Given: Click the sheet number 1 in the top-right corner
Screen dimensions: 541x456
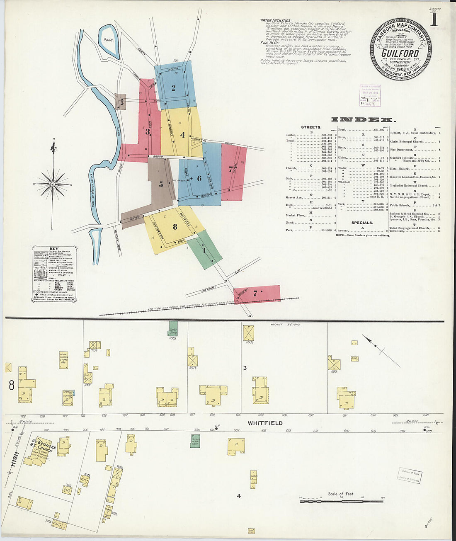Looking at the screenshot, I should [x=434, y=19].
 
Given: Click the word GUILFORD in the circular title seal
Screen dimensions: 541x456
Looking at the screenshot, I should [x=400, y=53].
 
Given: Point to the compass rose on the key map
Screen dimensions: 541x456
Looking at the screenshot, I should [x=53, y=183].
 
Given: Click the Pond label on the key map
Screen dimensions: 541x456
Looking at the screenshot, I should [x=108, y=40].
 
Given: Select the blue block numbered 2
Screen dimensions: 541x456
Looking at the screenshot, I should [x=173, y=87].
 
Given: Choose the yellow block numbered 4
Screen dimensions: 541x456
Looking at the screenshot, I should [x=182, y=135].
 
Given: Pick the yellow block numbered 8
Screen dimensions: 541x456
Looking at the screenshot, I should [x=175, y=226].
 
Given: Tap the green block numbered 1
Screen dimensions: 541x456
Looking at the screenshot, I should [x=204, y=250].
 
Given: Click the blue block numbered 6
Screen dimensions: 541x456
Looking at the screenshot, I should [x=199, y=178].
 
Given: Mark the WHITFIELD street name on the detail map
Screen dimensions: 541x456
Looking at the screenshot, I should [x=265, y=423].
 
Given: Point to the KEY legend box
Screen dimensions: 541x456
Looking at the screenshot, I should [x=54, y=274].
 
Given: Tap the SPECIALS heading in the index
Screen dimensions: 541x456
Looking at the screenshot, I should [x=362, y=223].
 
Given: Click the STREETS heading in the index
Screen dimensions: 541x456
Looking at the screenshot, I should [x=311, y=127].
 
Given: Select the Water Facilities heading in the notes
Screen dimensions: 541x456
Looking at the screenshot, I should [x=276, y=20].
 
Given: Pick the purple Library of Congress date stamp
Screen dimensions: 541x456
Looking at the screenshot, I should [x=370, y=96].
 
